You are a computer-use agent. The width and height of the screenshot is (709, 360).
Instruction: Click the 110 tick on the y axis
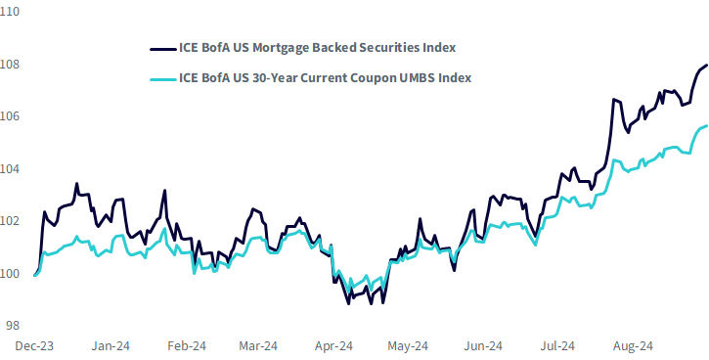(9, 12)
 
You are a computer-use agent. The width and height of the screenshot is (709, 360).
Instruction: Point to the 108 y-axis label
(9, 65)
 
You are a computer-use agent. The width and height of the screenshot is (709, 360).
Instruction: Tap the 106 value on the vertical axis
(9, 116)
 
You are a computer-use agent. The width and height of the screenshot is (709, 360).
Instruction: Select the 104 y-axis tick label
(9, 169)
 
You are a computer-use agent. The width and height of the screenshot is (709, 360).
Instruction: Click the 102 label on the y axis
(9, 221)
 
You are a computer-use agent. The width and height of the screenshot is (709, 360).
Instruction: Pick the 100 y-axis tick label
(9, 274)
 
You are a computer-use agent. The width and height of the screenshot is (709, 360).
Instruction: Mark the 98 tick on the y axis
(13, 326)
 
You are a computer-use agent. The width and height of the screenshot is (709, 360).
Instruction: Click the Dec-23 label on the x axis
(34, 346)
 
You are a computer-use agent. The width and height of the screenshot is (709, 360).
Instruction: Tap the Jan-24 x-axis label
(111, 346)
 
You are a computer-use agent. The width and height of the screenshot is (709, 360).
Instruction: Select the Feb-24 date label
(186, 346)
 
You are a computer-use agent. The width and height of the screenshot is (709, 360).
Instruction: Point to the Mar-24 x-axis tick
(258, 346)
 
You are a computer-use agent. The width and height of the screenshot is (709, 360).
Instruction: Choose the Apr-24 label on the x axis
(332, 346)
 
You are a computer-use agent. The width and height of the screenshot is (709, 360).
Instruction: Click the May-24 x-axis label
(408, 346)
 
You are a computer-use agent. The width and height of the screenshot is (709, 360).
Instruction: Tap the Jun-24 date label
(483, 346)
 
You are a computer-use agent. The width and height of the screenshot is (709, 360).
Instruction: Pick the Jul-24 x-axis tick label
(557, 346)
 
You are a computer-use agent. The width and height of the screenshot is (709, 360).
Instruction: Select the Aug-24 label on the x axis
(633, 346)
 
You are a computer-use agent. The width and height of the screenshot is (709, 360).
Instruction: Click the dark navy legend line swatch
(162, 48)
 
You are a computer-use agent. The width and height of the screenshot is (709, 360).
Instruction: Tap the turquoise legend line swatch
(162, 79)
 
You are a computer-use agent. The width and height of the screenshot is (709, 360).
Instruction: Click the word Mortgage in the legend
(275, 48)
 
